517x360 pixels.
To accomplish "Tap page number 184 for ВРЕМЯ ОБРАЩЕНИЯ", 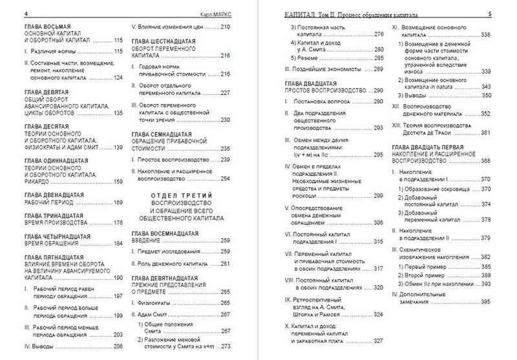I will click(118, 244).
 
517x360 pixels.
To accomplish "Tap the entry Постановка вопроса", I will click(321, 101).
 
